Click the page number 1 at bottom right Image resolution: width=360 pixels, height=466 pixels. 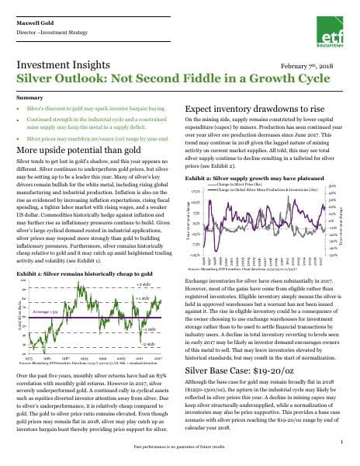(x=341, y=441)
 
